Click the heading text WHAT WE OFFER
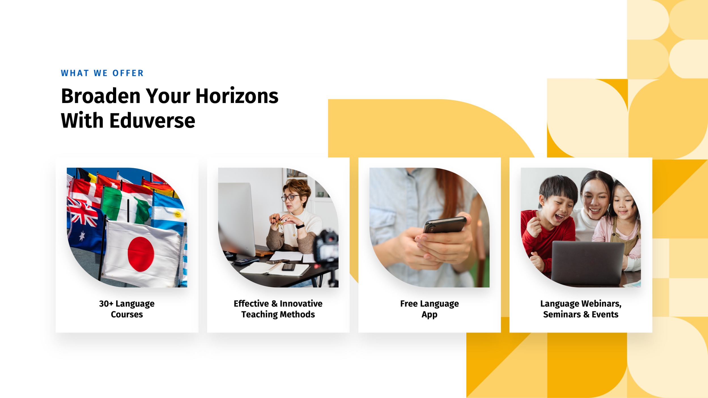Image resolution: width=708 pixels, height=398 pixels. (x=102, y=73)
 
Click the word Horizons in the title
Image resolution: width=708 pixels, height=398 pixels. (x=237, y=96)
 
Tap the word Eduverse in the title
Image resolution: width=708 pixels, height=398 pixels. (x=152, y=121)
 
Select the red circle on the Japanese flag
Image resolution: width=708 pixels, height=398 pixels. (x=141, y=254)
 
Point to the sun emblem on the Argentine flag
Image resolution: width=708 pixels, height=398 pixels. (x=178, y=214)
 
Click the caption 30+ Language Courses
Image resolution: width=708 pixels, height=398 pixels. (x=127, y=309)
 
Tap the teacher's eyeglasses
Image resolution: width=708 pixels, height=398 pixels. (x=290, y=198)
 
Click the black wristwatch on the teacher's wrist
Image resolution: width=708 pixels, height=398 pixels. (x=300, y=226)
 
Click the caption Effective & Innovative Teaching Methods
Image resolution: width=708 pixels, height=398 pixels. (x=278, y=309)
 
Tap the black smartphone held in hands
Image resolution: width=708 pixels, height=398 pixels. (x=445, y=225)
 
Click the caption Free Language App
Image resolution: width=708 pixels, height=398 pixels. (x=429, y=309)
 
